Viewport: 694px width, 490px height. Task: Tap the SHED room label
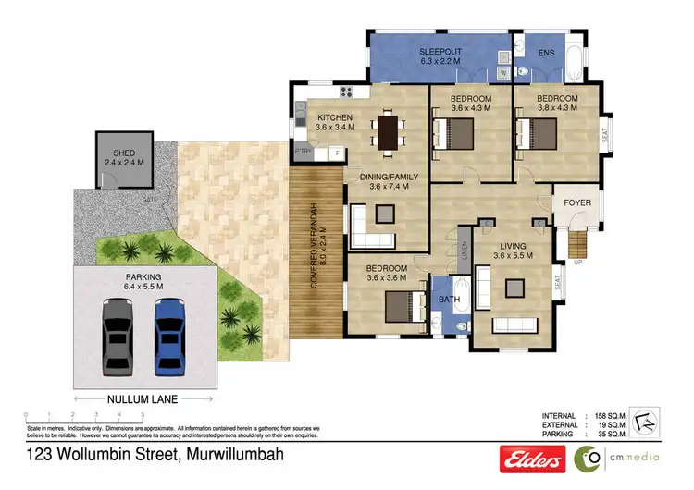124,153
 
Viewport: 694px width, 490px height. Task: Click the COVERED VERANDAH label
315,242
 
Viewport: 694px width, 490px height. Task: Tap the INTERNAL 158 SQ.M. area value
626,416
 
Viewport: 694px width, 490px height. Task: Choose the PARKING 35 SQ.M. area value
626,434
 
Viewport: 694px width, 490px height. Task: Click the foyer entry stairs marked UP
577,244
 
